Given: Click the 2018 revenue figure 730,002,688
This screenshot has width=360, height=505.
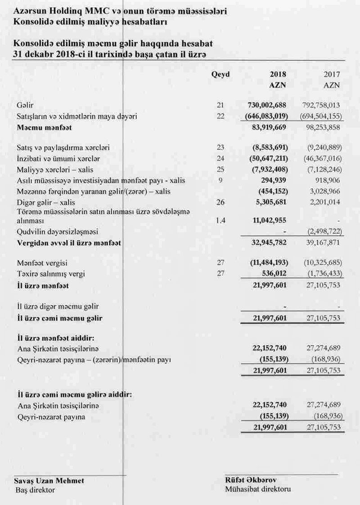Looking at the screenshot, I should click(267, 105).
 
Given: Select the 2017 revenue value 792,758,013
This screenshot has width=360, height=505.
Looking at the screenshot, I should click(320, 105).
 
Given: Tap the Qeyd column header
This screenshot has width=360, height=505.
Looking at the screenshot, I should click(220, 74).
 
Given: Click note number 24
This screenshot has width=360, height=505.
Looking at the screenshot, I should click(220, 158).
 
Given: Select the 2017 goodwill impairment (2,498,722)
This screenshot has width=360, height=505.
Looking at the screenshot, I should click(321, 232).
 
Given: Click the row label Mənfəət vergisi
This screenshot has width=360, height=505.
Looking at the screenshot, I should click(40, 262).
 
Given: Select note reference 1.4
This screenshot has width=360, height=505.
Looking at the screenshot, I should click(220, 221).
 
